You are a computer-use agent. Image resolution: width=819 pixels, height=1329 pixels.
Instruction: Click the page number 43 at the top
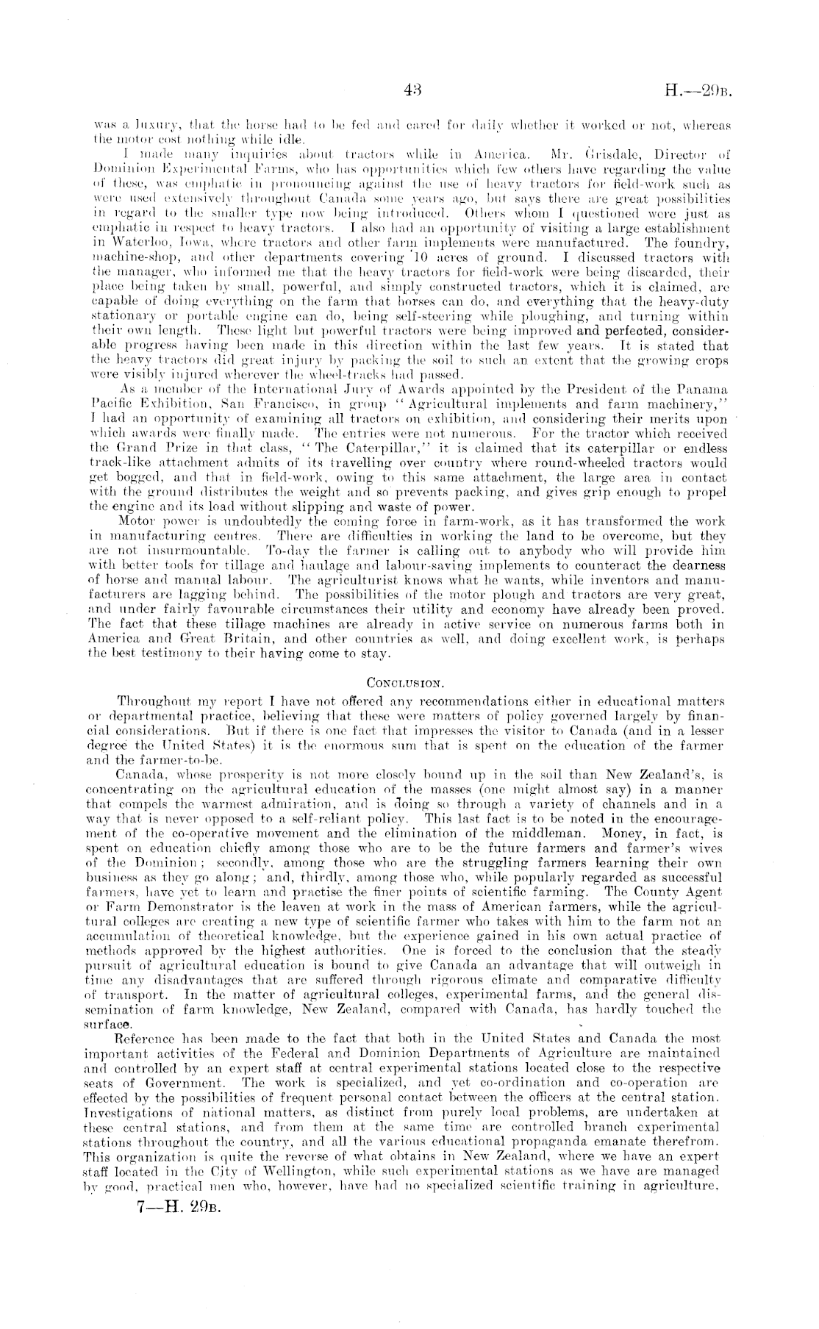pos(412,90)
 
